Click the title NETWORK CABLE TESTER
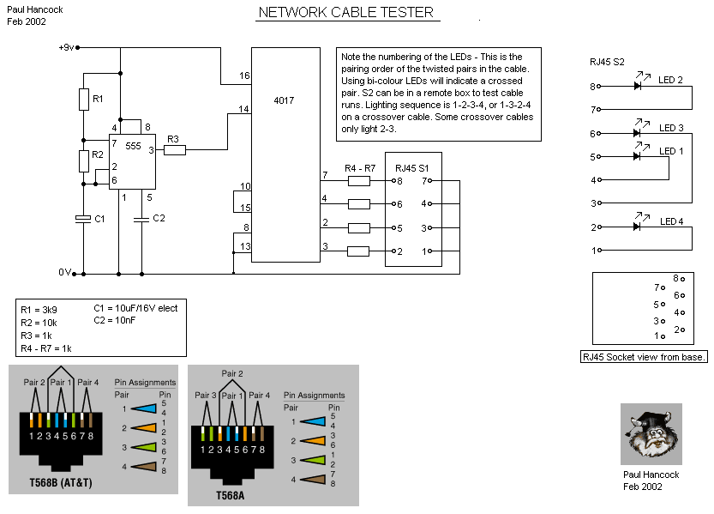(345, 13)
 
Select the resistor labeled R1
(84, 99)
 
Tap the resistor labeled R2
(84, 160)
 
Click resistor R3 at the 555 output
(175, 150)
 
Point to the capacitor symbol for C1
(84, 220)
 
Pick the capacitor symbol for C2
(140, 220)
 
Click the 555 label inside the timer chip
(133, 147)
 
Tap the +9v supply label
(66, 47)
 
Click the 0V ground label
(64, 272)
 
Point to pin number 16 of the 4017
(244, 76)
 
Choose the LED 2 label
(670, 80)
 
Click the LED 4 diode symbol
(637, 227)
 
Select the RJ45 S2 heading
(607, 62)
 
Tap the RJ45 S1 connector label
(413, 167)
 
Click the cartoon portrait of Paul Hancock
(651, 434)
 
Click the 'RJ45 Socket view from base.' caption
(644, 356)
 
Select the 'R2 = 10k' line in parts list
(40, 322)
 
